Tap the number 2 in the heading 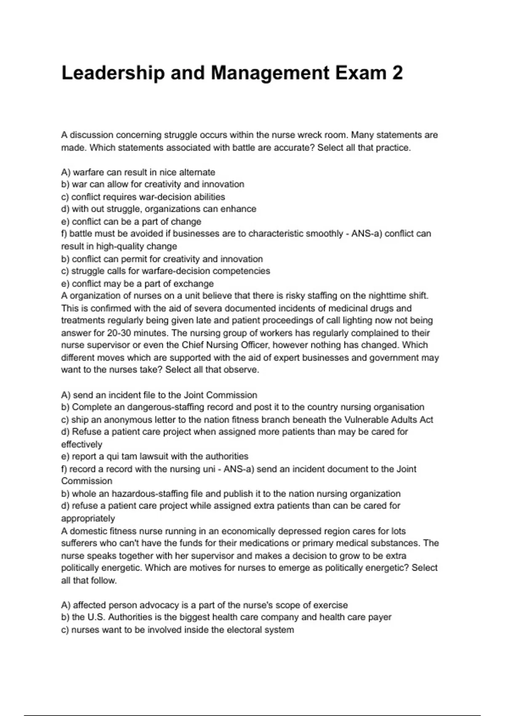click(x=397, y=73)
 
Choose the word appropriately click(x=88, y=518)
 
